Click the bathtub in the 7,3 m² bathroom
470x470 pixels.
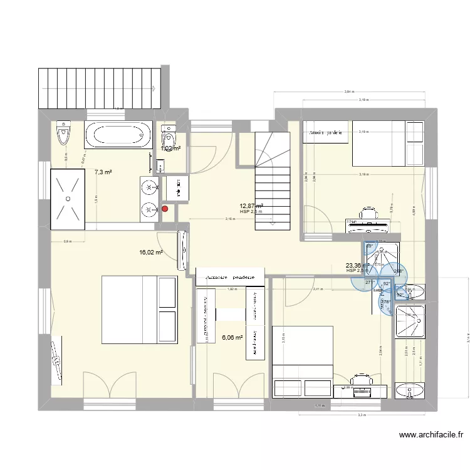118,135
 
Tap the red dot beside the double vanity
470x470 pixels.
165,210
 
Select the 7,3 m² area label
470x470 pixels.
103,172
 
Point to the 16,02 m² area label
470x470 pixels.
151,253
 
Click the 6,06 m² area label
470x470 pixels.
232,337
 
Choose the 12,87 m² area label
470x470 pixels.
251,206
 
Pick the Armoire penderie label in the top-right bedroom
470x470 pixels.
325,132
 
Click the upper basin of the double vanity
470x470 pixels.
149,187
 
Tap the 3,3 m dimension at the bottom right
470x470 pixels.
361,415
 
